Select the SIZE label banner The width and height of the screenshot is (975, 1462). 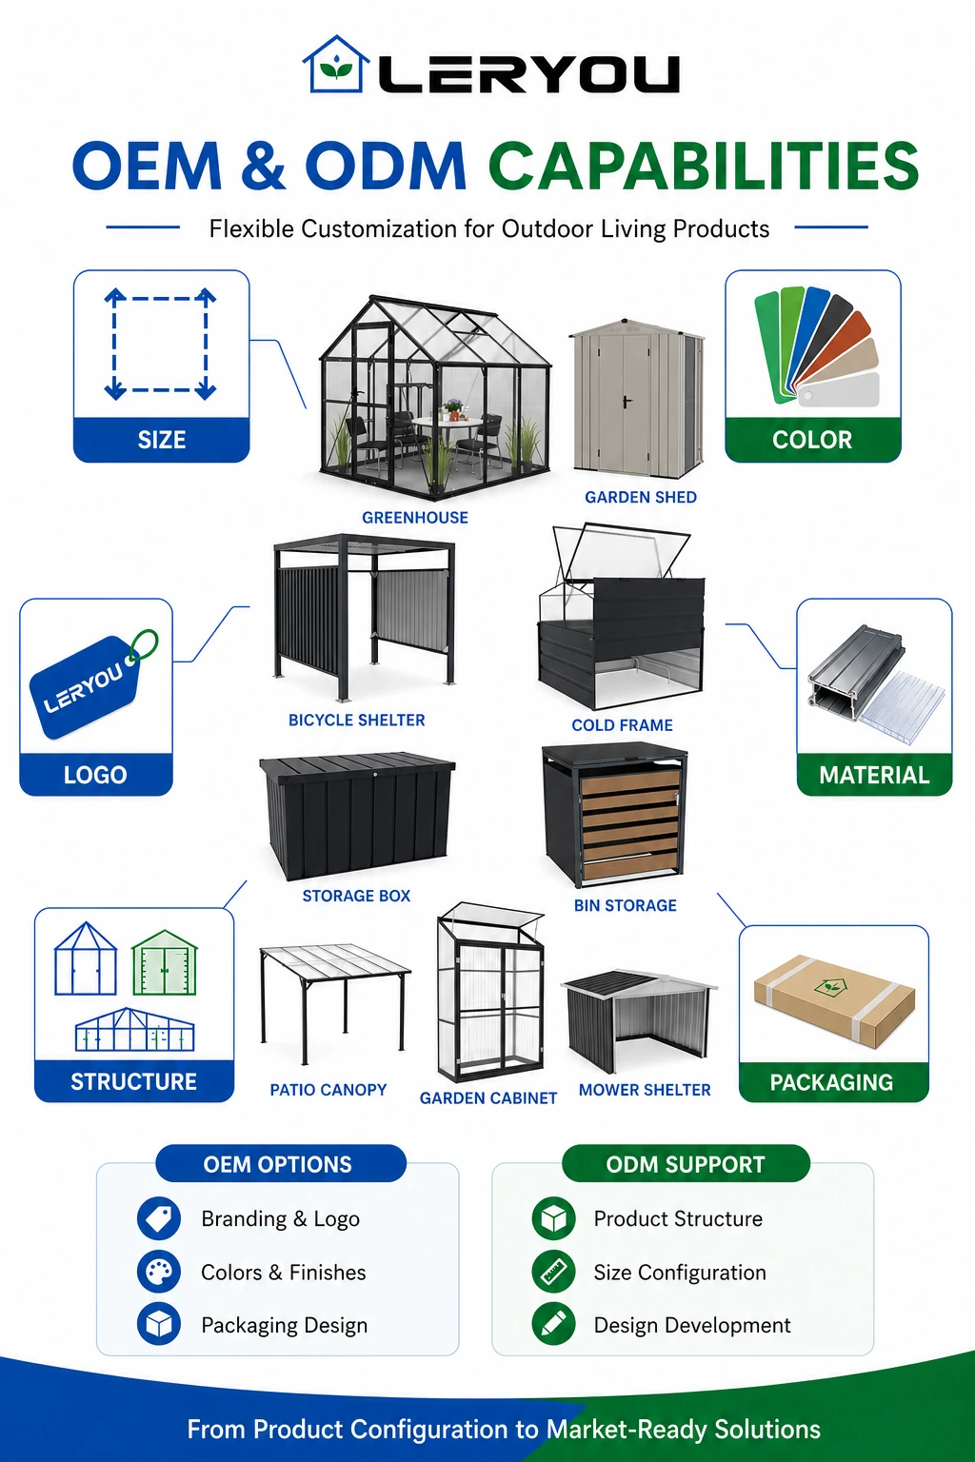161,440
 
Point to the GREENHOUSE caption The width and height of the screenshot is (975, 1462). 415,518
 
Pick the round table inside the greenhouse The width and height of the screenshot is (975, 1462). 448,423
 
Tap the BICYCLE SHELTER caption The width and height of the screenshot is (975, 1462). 356,720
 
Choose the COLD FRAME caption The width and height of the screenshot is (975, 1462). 622,725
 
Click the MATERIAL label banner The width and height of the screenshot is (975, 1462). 874,775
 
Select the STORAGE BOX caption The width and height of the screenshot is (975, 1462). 356,896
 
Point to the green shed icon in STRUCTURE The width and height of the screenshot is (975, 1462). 165,962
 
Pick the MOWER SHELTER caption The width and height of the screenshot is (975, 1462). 645,1089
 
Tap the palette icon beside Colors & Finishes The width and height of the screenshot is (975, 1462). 159,1272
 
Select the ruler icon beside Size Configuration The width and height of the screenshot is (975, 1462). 554,1272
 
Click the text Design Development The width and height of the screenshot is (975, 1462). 692,1325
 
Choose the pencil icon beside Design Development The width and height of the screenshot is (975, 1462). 554,1324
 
